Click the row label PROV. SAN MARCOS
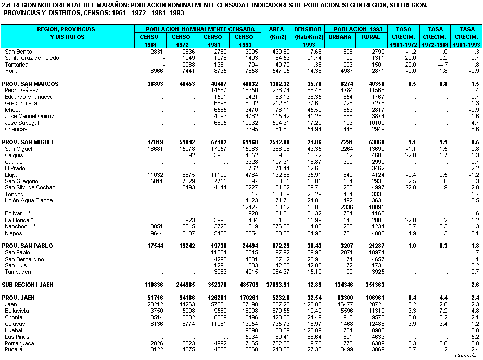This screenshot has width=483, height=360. [x=30, y=84]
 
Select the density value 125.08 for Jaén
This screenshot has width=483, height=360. [x=313, y=304]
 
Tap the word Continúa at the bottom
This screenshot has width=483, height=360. [x=466, y=356]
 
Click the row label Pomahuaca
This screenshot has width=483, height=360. [x=19, y=343]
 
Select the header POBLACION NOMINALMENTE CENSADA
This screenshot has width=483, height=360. [x=200, y=30]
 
